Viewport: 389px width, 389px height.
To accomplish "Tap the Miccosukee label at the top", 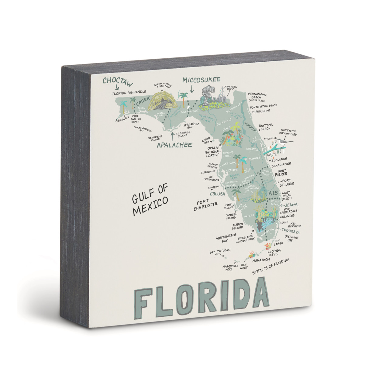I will [201, 80].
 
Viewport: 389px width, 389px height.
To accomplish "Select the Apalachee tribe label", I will [174, 145].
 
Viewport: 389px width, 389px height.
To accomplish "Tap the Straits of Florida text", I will [270, 266].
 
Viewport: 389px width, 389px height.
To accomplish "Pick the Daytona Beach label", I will [266, 127].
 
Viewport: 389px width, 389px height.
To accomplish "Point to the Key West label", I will [244, 266].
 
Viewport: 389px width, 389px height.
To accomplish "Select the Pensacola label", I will [122, 120].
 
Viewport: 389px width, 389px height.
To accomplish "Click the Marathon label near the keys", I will [261, 260].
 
